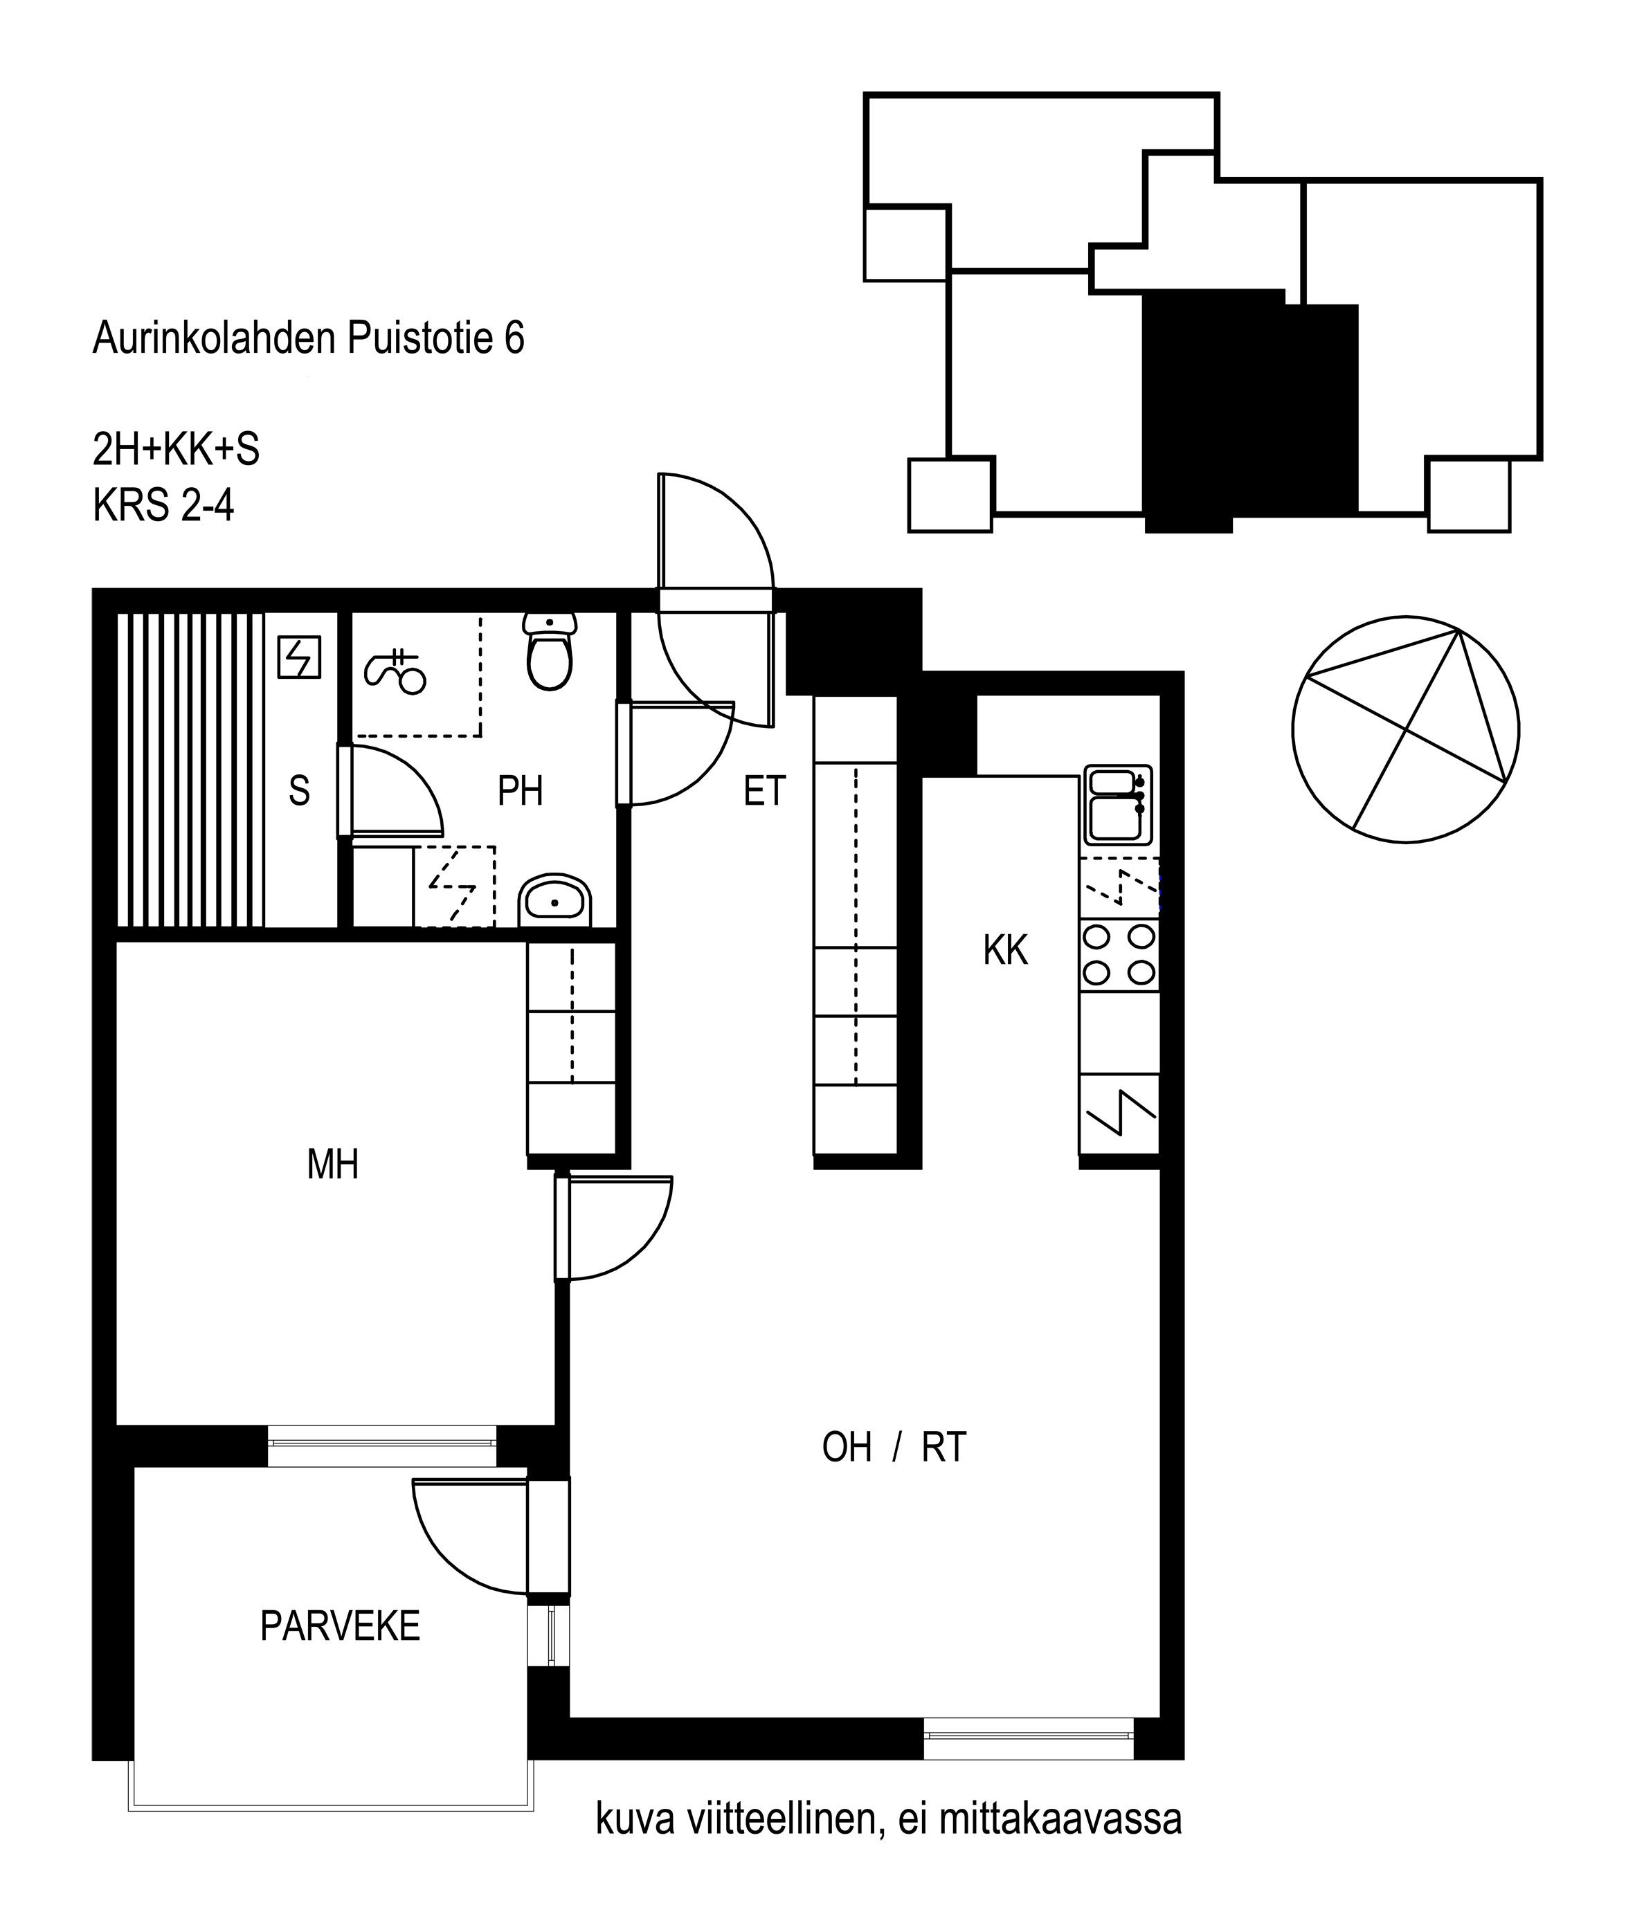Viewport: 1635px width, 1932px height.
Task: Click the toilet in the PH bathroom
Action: [x=550, y=650]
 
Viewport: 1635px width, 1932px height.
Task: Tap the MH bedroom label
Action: [x=333, y=1164]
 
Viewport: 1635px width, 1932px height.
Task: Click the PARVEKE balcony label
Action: [x=340, y=1626]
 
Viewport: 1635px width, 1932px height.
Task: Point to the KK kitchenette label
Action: [x=1006, y=950]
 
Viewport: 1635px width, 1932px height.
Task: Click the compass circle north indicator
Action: [x=1405, y=730]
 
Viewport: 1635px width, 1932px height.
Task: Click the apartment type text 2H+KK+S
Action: [x=176, y=449]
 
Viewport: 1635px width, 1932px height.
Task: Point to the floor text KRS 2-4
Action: [x=163, y=506]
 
